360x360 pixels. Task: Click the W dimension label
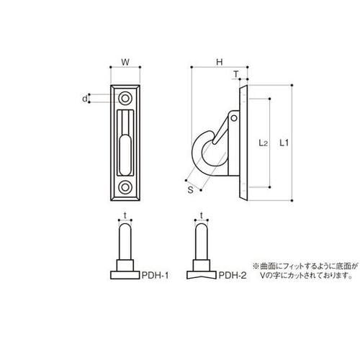click(125, 63)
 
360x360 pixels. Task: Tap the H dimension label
click(217, 63)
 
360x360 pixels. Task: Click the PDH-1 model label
click(153, 275)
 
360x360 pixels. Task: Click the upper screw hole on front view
click(126, 96)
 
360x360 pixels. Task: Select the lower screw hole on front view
click(126, 188)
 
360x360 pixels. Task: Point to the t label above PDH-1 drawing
click(125, 214)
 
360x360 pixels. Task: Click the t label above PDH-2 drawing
click(201, 214)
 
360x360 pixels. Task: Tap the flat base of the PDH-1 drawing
click(125, 274)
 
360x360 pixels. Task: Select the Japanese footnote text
click(303, 270)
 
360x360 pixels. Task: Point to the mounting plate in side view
click(243, 140)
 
